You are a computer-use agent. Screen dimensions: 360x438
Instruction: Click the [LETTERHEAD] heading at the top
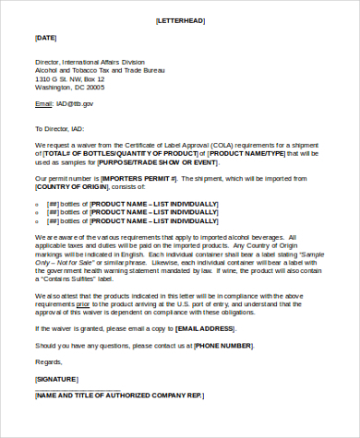tap(180, 19)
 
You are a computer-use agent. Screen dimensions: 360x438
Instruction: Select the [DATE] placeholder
tap(46, 37)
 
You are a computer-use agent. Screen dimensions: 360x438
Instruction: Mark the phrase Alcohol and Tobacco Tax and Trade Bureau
tap(100, 71)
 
